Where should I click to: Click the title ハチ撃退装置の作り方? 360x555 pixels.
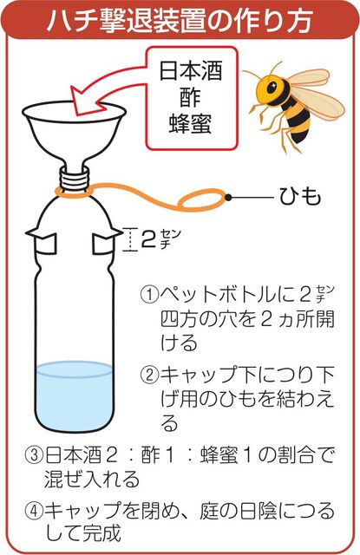pyautogui.click(x=180, y=20)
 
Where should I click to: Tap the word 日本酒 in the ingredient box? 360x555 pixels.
pyautogui.click(x=191, y=71)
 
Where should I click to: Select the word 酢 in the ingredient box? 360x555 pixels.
pyautogui.click(x=191, y=97)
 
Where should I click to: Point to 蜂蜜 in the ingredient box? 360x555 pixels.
pyautogui.click(x=191, y=123)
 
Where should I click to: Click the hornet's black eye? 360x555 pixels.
pyautogui.click(x=272, y=87)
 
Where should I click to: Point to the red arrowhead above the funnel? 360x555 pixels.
pyautogui.click(x=85, y=101)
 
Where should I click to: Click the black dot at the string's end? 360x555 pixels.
pyautogui.click(x=229, y=198)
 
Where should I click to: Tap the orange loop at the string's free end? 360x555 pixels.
pyautogui.click(x=202, y=200)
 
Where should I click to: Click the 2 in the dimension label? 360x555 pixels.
pyautogui.click(x=148, y=239)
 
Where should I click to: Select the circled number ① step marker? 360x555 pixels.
pyautogui.click(x=149, y=295)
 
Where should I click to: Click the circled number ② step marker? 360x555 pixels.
pyautogui.click(x=149, y=374)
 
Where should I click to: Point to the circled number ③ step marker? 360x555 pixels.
pyautogui.click(x=35, y=455)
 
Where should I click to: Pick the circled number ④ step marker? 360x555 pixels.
pyautogui.click(x=35, y=511)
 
